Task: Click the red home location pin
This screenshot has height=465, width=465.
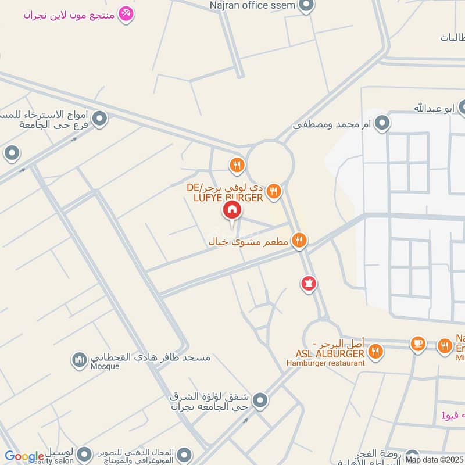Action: pos(231,210)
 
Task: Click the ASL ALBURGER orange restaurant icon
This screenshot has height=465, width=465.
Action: pos(376,351)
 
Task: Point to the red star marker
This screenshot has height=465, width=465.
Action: pos(308,284)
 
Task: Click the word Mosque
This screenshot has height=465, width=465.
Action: pos(105,367)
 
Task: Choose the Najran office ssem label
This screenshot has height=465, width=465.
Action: pos(253,6)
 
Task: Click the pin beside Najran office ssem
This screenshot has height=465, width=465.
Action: pos(307,6)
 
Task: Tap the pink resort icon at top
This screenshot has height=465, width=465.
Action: pos(125,13)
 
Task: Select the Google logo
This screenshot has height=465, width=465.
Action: pos(24,457)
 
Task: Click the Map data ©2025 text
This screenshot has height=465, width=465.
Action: pos(435,459)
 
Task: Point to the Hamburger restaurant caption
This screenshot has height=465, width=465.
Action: pos(325,363)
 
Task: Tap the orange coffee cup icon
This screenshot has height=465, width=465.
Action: pos(417,344)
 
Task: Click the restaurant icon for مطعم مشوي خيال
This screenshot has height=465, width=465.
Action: pos(299,239)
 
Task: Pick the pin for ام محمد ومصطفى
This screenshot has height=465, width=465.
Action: pos(382,123)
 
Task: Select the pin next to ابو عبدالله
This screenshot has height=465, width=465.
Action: pos(463,107)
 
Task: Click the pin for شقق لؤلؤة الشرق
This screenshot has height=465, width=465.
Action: pos(260,400)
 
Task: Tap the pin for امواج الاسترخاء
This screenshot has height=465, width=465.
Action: pos(100,119)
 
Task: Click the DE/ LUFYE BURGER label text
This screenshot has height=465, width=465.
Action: pos(226,193)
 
